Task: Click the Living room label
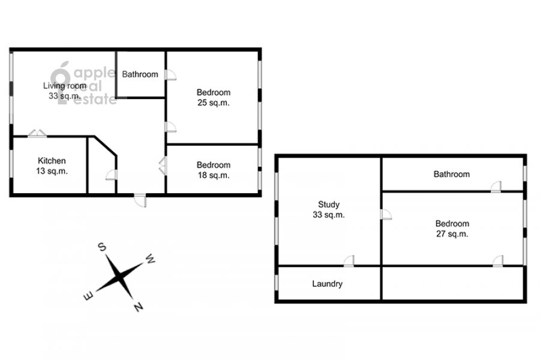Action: coord(64,91)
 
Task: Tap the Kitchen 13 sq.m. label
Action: coord(52,166)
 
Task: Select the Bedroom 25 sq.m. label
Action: coord(214,97)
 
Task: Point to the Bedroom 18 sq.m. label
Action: coord(214,170)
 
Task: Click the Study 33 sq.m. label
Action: coord(329,209)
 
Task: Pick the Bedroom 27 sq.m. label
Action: coord(452,229)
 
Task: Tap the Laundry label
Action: coord(327,284)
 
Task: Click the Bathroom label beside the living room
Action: coord(140,74)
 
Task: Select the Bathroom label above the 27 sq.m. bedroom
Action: coord(451,174)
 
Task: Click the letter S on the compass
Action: coord(102,247)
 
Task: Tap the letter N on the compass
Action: coord(139,306)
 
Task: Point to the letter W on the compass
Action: coord(150,259)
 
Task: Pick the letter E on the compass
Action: coord(89,296)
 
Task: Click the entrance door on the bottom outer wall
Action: coord(140,200)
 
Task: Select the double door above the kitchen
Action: coord(37,133)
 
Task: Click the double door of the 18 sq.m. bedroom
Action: coord(163,166)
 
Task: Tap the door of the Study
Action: coord(349,261)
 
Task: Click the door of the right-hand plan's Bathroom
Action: coord(496,187)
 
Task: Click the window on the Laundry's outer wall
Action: coord(277,282)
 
